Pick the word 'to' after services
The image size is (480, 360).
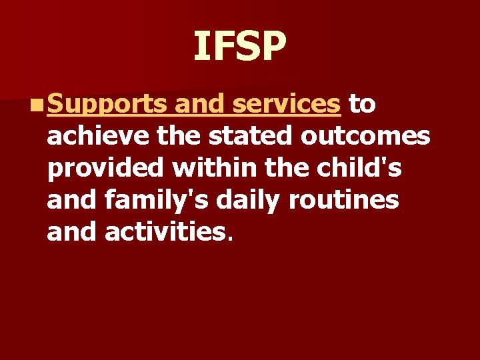click(x=362, y=105)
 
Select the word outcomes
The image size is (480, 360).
click(x=365, y=137)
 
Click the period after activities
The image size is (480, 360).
click(x=231, y=239)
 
